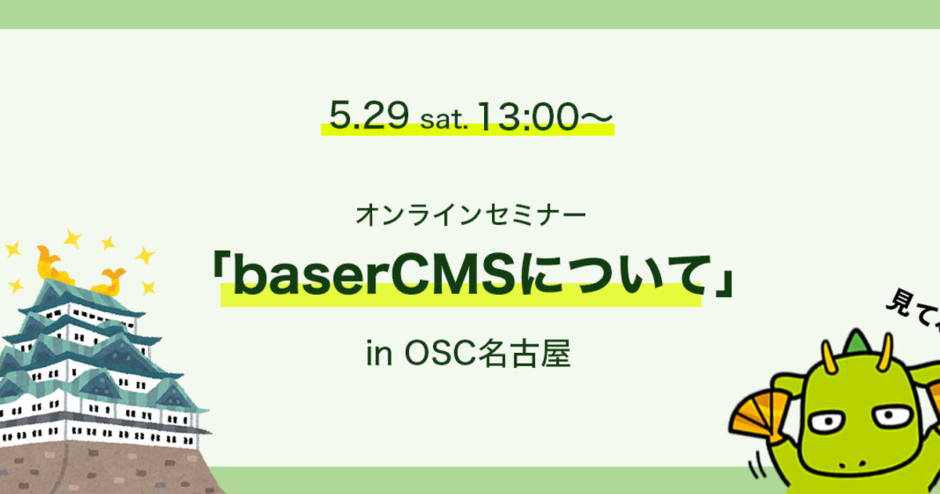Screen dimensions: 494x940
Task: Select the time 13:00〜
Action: pos(542,116)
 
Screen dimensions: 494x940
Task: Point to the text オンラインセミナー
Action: pos(469,213)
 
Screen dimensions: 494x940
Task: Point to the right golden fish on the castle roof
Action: pos(110,278)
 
